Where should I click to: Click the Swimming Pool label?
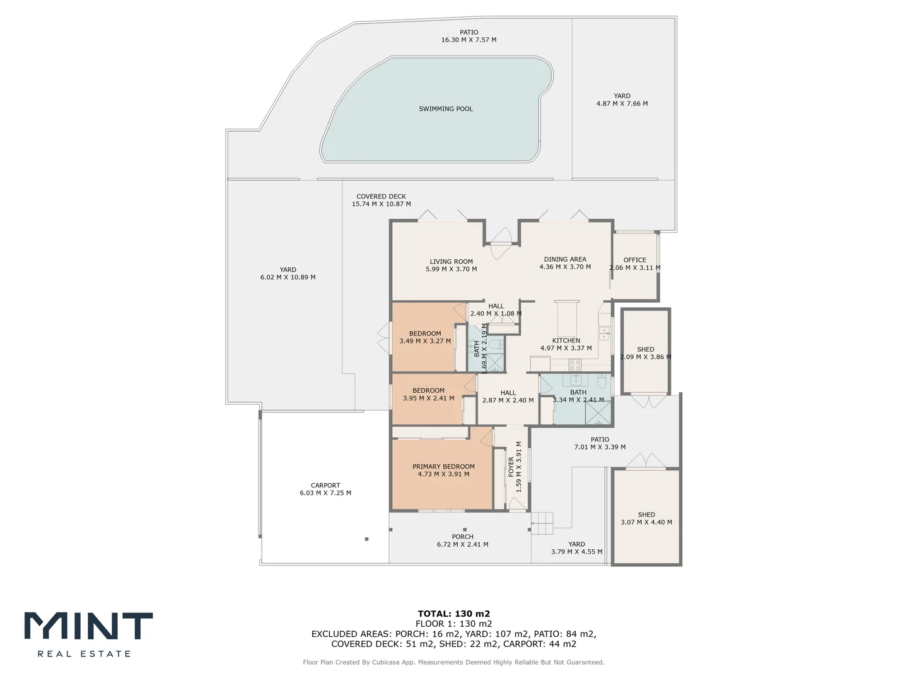click(x=445, y=109)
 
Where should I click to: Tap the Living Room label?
click(x=451, y=262)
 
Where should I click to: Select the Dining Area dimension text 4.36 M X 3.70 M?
click(x=565, y=267)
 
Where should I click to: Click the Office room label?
click(x=634, y=260)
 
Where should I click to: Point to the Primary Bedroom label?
click(x=443, y=467)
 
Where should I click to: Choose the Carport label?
click(x=325, y=486)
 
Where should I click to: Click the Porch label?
click(x=462, y=537)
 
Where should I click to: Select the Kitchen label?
click(x=566, y=340)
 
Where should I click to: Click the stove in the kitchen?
click(x=575, y=364)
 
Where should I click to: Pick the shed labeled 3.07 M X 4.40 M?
click(x=646, y=518)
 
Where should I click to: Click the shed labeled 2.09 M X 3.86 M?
click(x=645, y=353)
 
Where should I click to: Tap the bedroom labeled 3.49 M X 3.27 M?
click(x=425, y=337)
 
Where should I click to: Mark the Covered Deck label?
click(x=381, y=197)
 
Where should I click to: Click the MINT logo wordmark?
click(x=88, y=626)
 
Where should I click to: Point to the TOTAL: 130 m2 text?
click(x=454, y=614)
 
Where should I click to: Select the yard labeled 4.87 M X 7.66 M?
click(x=622, y=100)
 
